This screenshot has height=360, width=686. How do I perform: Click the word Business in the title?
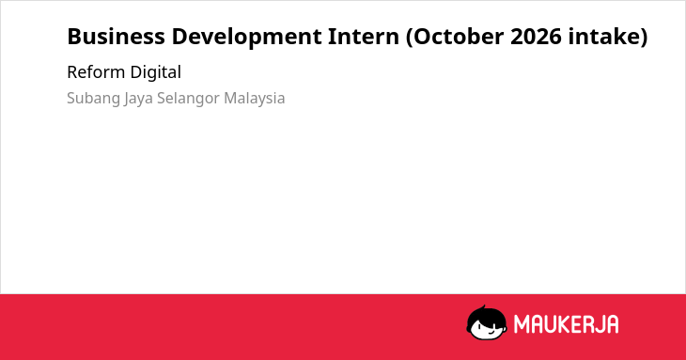[116, 37]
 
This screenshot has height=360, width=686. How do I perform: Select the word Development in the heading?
[247, 38]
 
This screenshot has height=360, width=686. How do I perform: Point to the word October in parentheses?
[459, 37]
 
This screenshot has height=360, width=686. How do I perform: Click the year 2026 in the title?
[536, 37]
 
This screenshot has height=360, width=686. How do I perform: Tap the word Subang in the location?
[93, 99]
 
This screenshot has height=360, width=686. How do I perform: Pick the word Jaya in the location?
[139, 99]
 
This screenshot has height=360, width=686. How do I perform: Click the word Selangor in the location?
[188, 99]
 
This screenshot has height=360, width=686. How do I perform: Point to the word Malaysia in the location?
[254, 99]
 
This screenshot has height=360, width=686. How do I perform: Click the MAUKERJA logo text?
[566, 324]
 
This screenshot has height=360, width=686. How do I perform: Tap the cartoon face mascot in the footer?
[487, 322]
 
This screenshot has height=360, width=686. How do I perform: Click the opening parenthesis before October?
[409, 38]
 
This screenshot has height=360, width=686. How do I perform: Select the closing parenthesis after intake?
[643, 38]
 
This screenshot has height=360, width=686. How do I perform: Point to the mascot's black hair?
[486, 314]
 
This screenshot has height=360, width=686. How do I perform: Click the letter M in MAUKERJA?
[522, 324]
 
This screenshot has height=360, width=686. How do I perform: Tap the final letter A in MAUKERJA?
[613, 324]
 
